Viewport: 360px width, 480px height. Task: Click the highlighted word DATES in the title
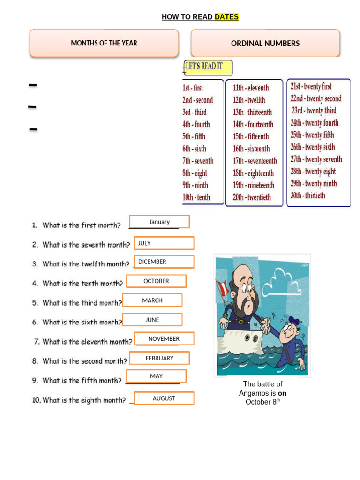(x=226, y=17)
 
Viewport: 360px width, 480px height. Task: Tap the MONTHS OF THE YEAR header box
(x=104, y=43)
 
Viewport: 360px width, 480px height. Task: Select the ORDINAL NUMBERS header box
(x=265, y=44)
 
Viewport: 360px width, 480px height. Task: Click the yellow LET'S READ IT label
(x=207, y=67)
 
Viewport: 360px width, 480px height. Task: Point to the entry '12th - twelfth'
(x=249, y=100)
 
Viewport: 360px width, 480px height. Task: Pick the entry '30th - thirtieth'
(x=307, y=195)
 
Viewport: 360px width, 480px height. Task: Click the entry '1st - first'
(x=193, y=88)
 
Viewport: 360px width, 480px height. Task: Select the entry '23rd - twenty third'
(x=314, y=111)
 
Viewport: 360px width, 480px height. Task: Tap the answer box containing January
(x=159, y=222)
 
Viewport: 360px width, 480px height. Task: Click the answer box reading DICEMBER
(x=164, y=262)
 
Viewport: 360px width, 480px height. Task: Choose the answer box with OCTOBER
(x=156, y=281)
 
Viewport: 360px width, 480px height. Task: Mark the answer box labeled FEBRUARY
(x=159, y=358)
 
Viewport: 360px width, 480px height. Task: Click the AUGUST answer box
(x=164, y=398)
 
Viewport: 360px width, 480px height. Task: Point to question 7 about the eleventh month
(x=83, y=342)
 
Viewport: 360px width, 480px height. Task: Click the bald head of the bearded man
(x=243, y=274)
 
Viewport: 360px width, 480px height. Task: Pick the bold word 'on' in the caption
(x=282, y=393)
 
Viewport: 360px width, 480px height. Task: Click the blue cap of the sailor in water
(x=294, y=321)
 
